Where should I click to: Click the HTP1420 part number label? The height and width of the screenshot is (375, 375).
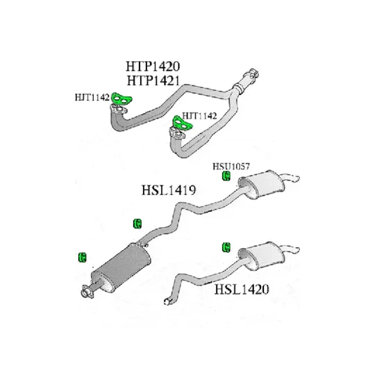153,66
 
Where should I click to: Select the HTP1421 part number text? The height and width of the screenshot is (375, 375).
153,81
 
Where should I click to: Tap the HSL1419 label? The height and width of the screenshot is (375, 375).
169,190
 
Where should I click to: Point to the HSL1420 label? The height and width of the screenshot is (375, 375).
242,289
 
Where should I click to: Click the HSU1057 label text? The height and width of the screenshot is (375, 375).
231,166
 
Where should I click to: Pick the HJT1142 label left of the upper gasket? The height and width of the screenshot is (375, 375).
92,97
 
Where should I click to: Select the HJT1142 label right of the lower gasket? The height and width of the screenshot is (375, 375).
199,116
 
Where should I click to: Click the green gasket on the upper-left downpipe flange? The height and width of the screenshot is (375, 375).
122,99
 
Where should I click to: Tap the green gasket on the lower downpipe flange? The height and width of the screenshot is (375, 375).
183,123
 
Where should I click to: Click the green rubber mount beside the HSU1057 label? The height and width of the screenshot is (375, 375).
226,176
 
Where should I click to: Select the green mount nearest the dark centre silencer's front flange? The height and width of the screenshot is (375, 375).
82,258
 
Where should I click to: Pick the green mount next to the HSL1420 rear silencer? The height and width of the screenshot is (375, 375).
226,247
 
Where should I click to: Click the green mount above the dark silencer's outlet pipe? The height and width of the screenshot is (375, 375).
137,224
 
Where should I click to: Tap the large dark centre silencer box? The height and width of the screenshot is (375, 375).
122,267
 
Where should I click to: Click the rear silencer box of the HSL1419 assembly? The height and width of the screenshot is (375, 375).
262,184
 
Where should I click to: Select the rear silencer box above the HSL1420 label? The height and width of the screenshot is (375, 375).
262,256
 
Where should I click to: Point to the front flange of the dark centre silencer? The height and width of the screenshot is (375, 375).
87,292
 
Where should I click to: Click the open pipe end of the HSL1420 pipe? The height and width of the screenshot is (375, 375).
167,302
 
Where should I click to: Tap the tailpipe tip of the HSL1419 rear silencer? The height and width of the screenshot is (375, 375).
297,178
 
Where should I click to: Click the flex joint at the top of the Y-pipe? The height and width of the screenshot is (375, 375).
240,87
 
